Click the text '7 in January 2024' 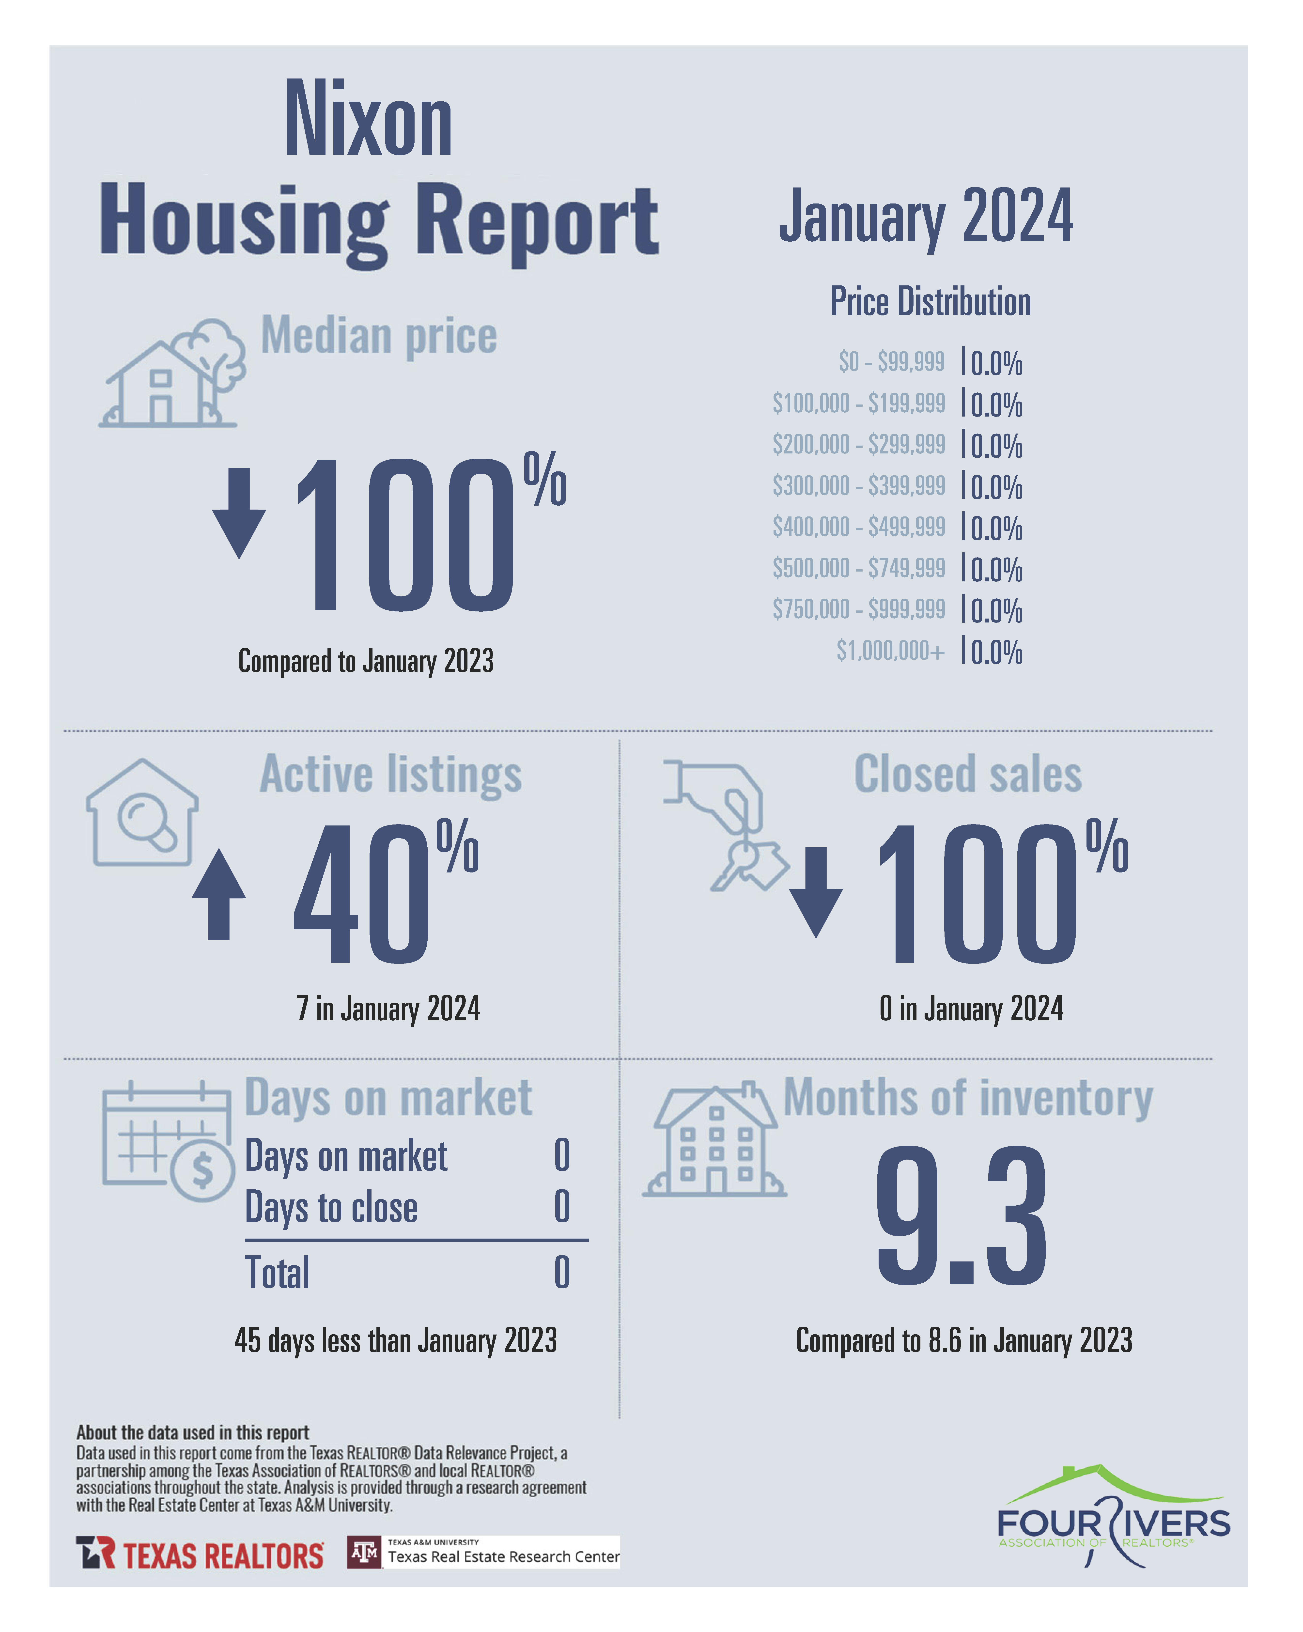388,1008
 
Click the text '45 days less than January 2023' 395,1340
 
